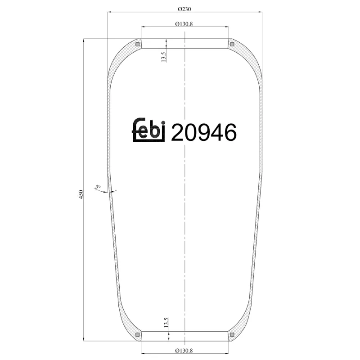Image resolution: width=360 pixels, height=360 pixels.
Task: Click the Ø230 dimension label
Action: tap(185, 9)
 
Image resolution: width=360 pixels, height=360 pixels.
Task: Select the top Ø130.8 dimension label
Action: tap(184, 24)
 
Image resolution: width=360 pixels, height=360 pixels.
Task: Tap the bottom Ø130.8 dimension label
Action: tap(184, 351)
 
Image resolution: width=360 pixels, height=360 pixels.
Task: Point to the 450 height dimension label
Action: tap(81, 194)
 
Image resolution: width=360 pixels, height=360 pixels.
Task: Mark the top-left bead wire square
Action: tap(138, 44)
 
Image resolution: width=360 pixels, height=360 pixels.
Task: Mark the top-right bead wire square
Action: tap(232, 44)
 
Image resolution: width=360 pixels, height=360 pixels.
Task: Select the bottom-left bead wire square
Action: tap(138, 334)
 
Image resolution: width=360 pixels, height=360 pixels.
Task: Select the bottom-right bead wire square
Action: tap(232, 334)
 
